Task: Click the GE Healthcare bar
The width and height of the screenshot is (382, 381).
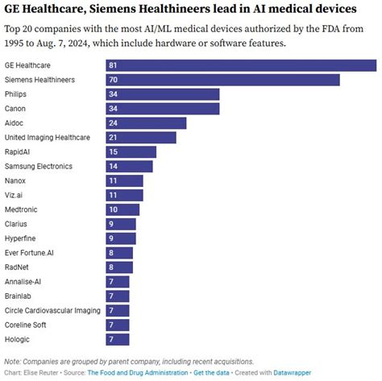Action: click(241, 65)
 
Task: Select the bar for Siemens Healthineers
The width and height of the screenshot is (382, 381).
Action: click(222, 80)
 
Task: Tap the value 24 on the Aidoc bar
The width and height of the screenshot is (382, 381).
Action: click(114, 123)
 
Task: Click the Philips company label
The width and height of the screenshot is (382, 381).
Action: click(17, 94)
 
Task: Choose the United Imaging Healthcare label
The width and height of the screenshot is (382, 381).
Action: click(47, 138)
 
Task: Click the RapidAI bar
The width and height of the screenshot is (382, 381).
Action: click(131, 152)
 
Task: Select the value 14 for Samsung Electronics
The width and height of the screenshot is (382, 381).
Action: click(114, 166)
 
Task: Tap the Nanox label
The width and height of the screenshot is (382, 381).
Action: click(15, 180)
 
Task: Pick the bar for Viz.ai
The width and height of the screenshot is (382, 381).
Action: click(124, 195)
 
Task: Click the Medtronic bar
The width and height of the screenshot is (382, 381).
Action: click(122, 209)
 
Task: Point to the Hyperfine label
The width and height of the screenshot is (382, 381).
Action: click(22, 238)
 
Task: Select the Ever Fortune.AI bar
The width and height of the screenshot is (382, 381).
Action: click(119, 253)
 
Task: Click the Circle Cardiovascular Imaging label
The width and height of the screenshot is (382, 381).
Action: click(52, 310)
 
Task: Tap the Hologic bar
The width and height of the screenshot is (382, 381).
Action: click(118, 339)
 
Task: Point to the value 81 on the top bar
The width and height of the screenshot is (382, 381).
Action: click(114, 65)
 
